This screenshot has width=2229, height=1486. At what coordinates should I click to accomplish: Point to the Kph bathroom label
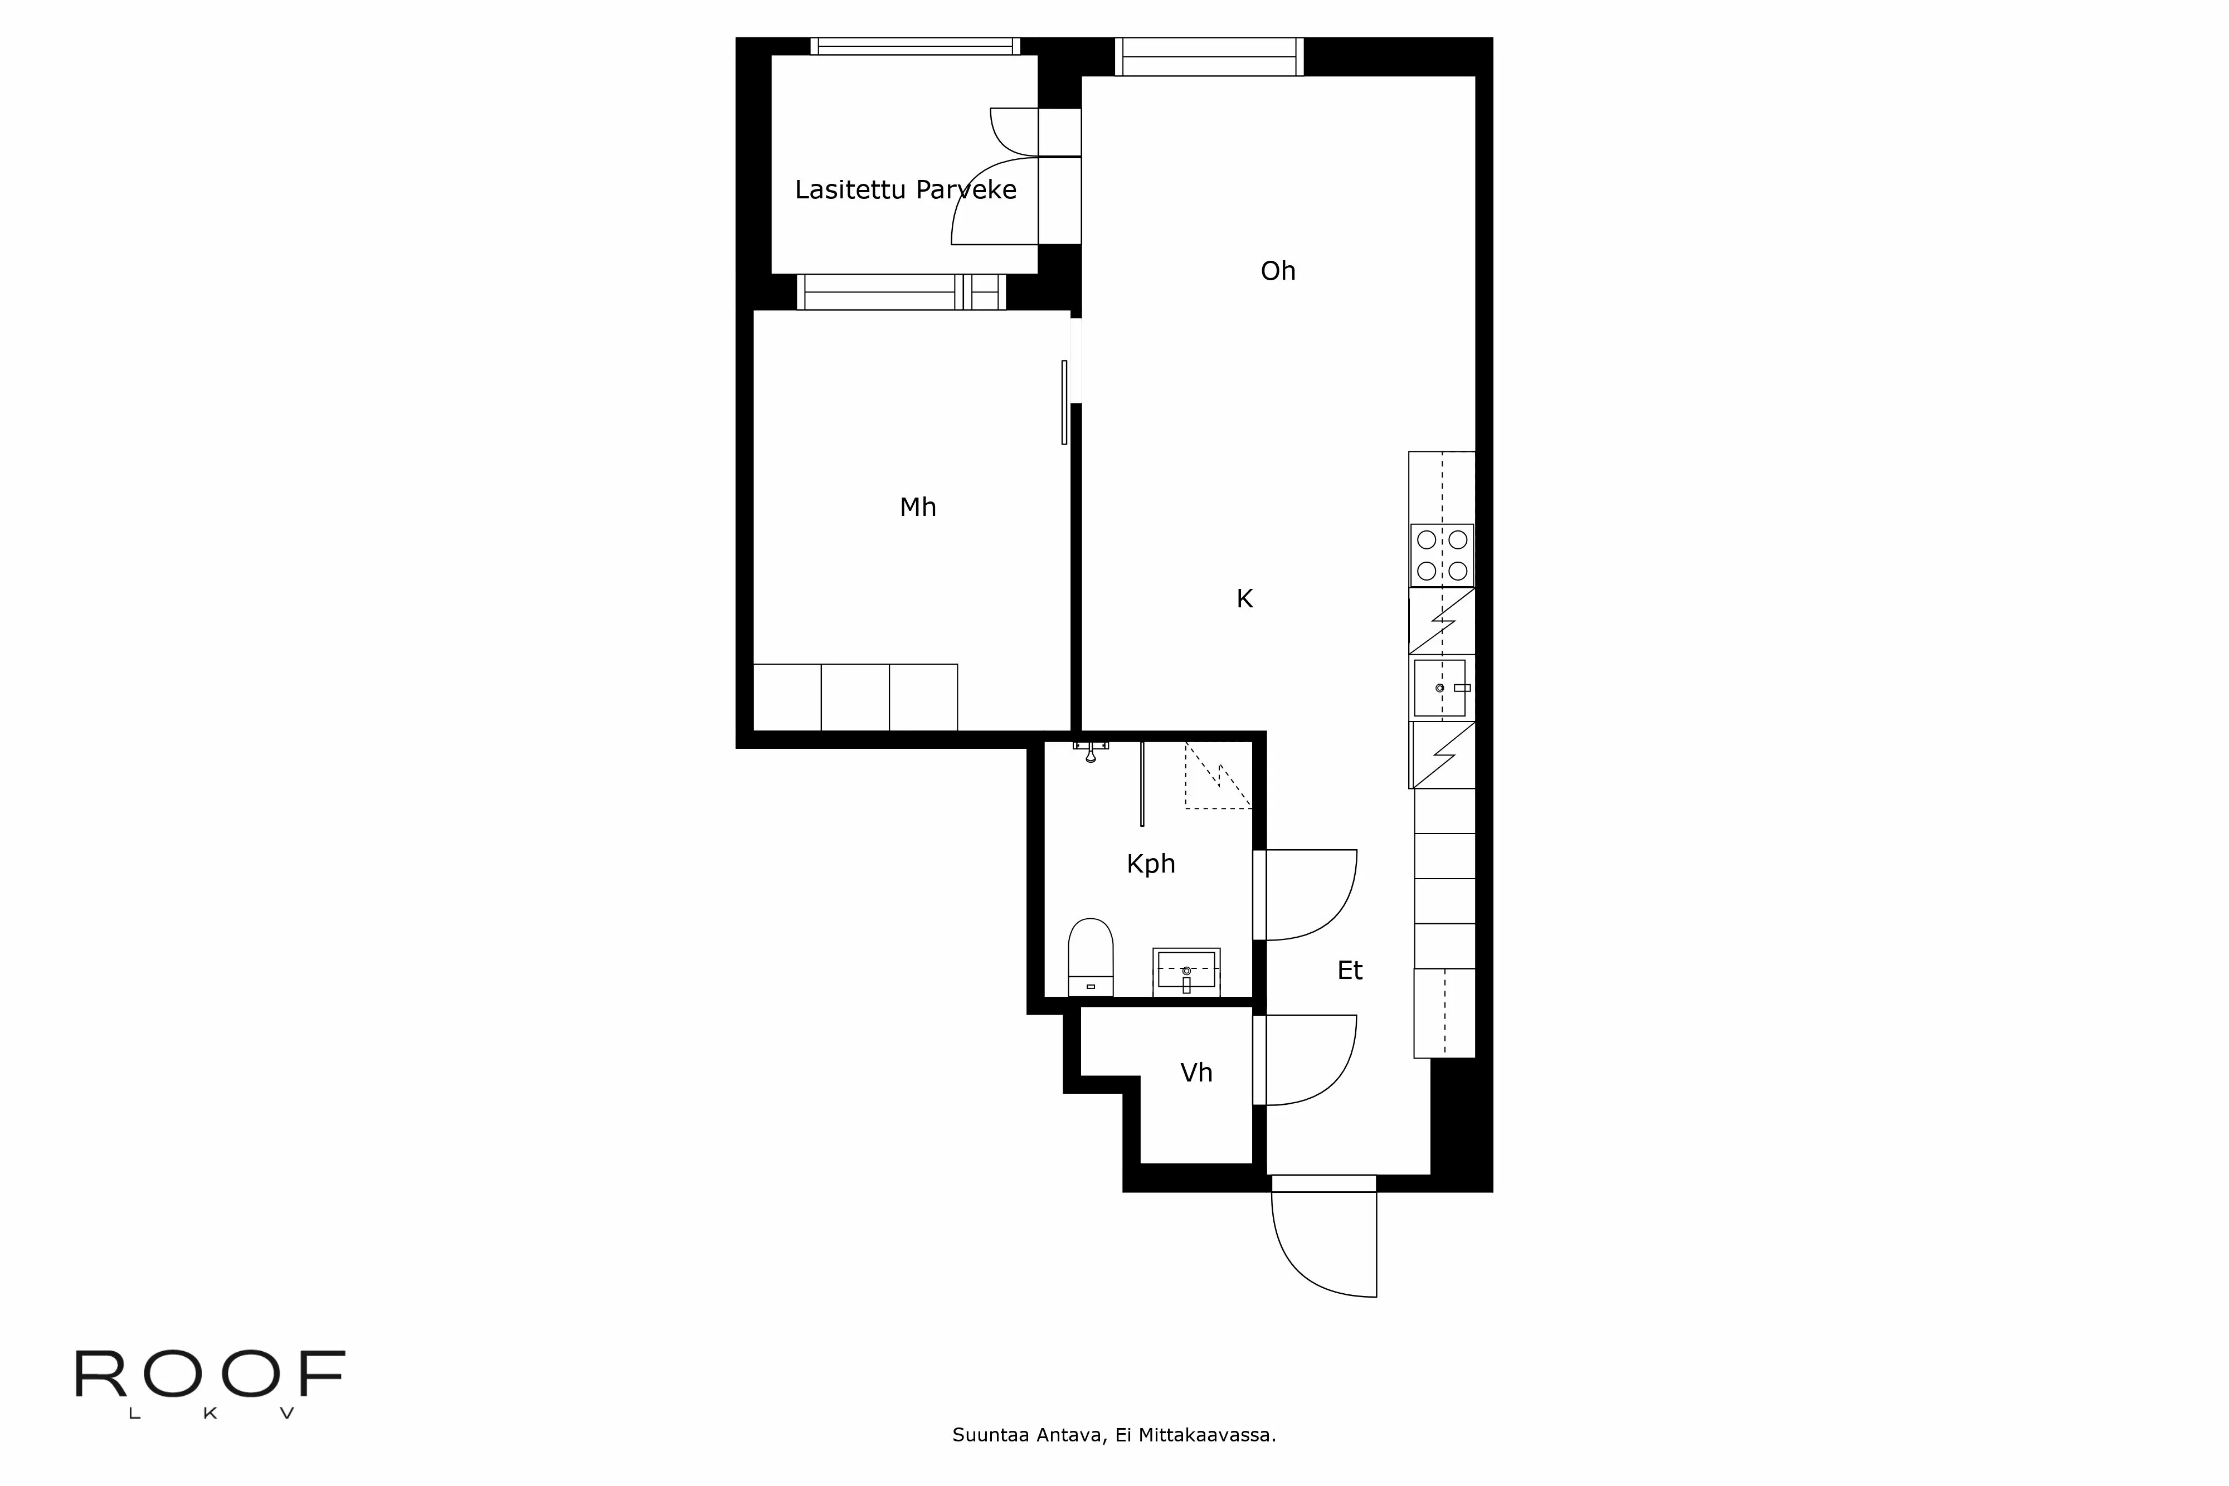1151,864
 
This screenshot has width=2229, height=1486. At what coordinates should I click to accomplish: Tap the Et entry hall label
1350,971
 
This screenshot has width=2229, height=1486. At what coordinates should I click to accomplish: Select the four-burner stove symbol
1442,556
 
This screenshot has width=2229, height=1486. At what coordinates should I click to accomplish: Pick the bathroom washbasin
1186,971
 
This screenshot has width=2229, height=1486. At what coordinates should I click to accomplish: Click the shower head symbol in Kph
1091,753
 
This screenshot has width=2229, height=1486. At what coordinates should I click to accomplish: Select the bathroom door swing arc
1312,895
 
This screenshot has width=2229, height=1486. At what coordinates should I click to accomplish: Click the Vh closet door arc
1312,1060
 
